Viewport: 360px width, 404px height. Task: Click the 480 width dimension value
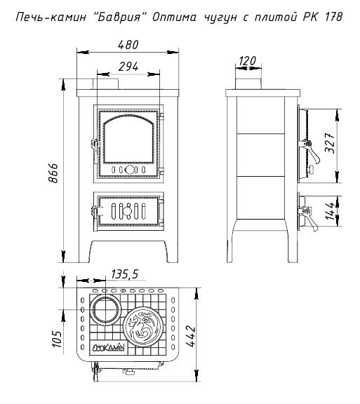click(x=128, y=45)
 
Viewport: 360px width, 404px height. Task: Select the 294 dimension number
click(x=128, y=67)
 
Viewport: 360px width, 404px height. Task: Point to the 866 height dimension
click(x=53, y=173)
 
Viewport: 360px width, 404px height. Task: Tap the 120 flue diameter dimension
click(x=247, y=61)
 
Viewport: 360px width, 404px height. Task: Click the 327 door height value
click(x=330, y=143)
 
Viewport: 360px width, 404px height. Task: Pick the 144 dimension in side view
click(x=330, y=210)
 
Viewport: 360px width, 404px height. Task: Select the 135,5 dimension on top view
click(x=125, y=274)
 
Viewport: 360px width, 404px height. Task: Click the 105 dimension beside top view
click(x=57, y=339)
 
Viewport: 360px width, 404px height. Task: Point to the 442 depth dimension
click(x=191, y=336)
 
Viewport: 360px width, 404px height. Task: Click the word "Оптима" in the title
click(x=174, y=18)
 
